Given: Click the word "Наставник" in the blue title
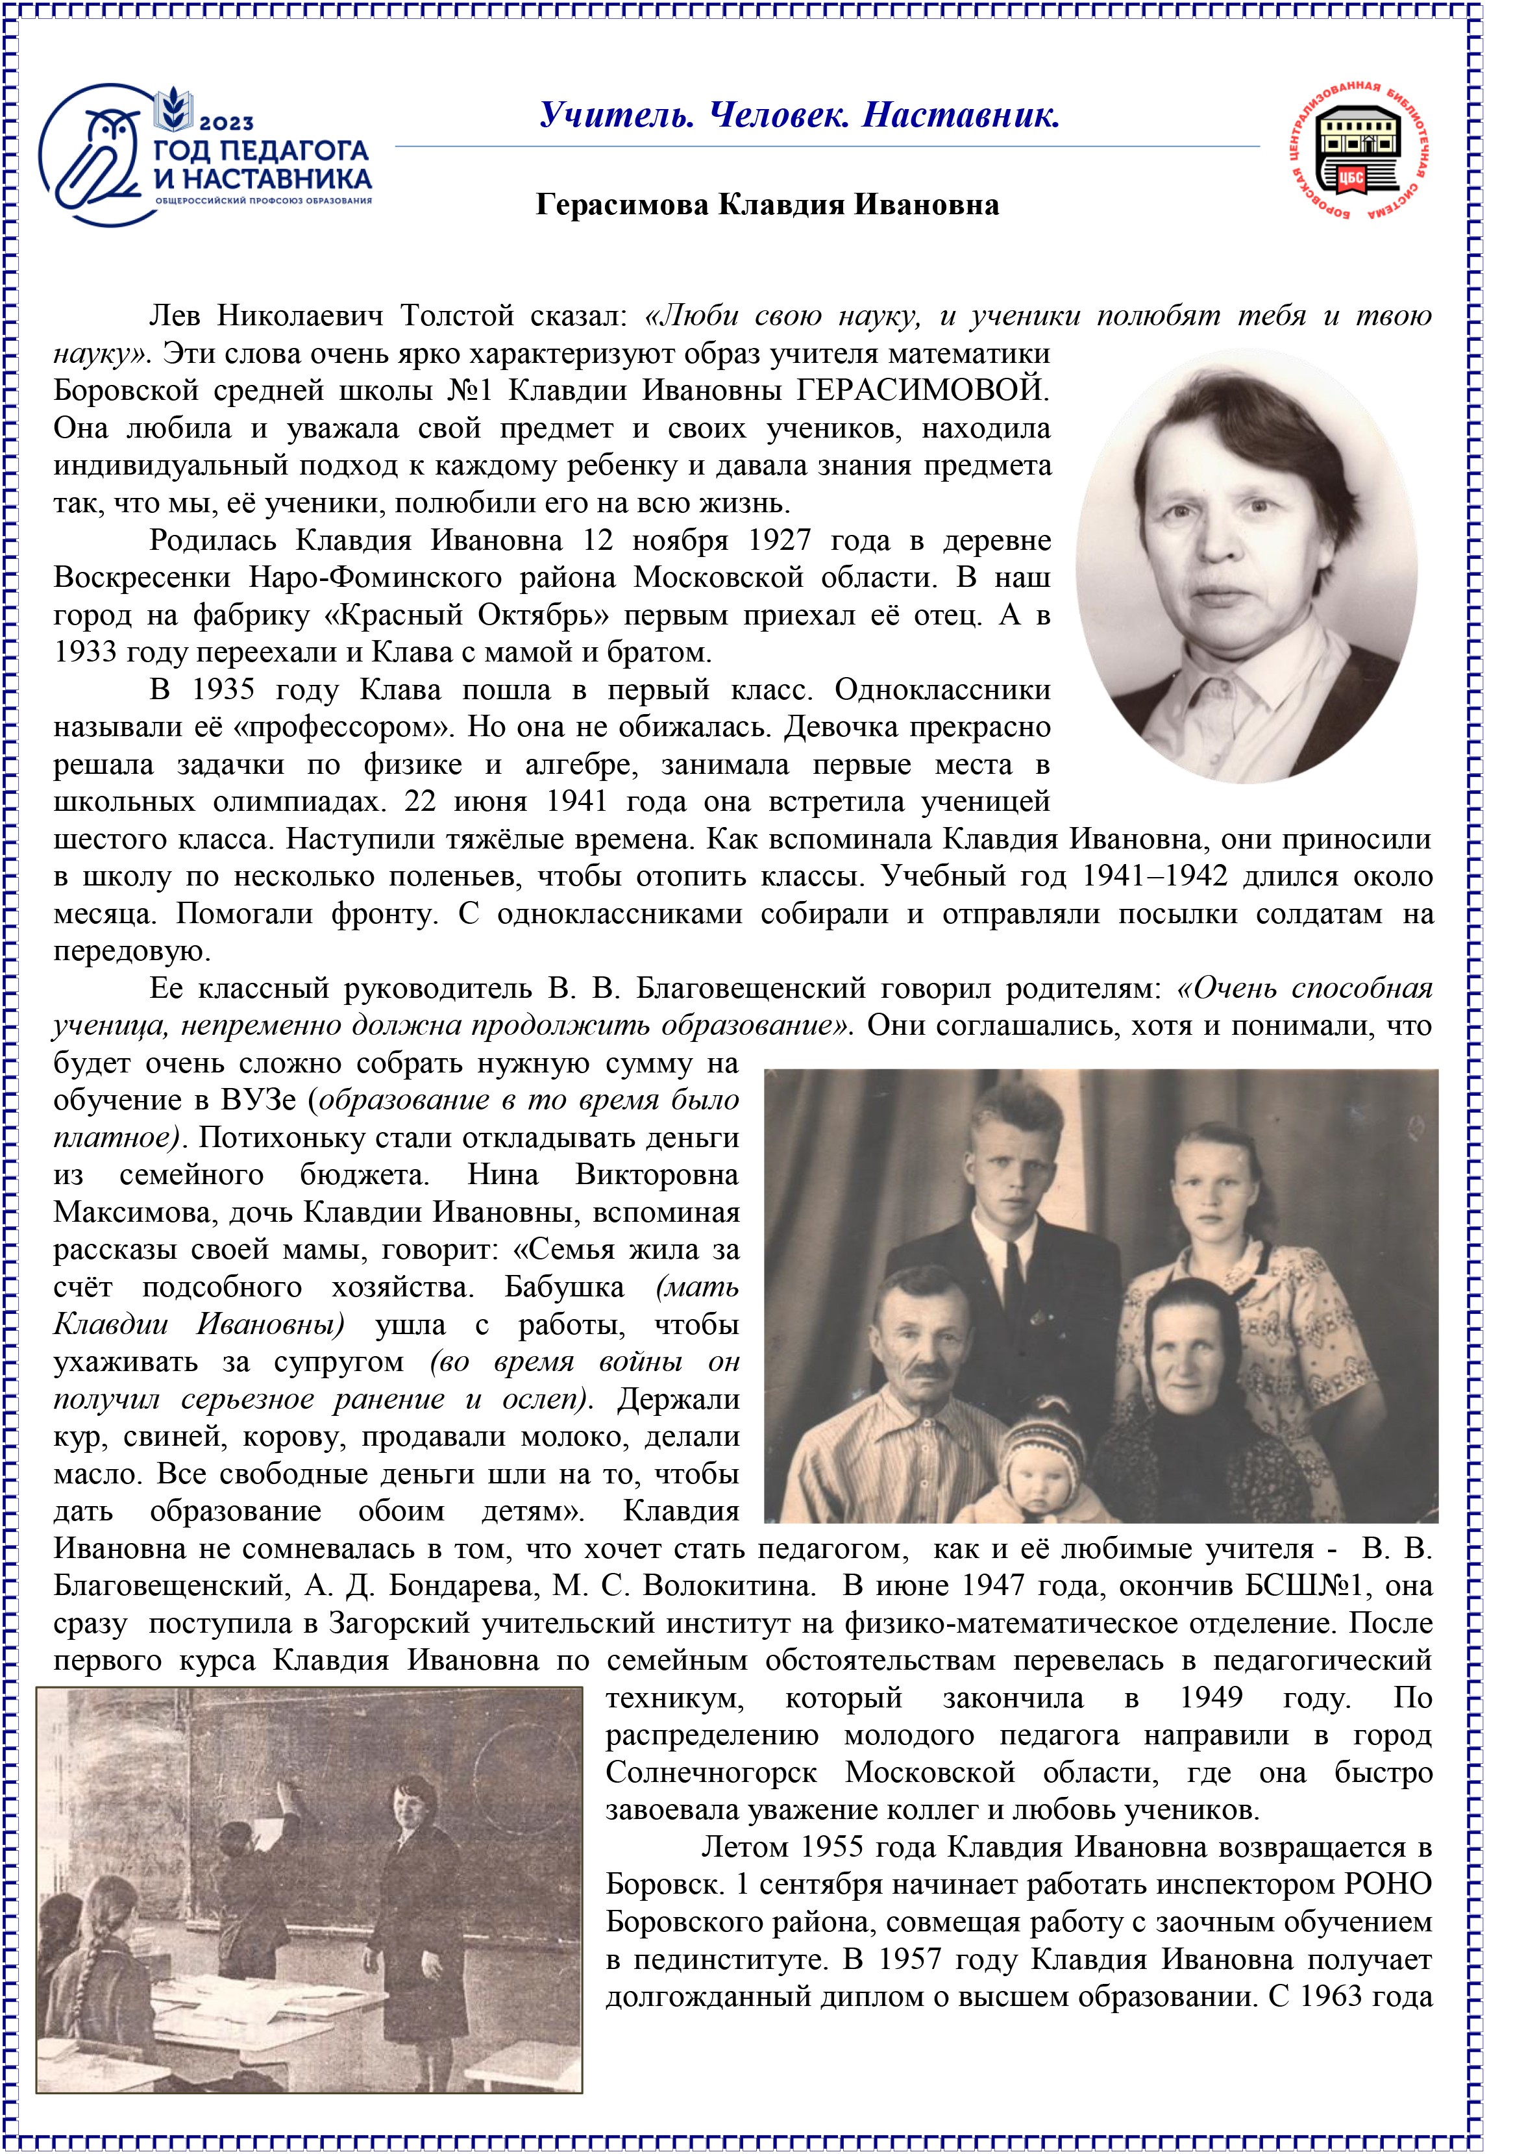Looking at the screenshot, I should click(x=961, y=116).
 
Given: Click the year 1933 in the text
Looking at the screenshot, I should click(x=84, y=652).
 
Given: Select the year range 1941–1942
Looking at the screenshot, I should click(x=1155, y=876).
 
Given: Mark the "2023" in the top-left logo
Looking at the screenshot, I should click(x=226, y=122).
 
